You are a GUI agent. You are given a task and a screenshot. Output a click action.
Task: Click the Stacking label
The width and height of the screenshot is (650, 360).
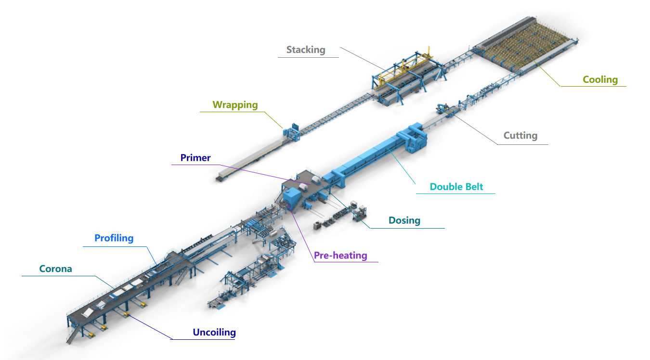point(306,50)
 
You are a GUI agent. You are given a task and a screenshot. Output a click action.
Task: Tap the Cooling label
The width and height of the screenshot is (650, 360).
point(600,79)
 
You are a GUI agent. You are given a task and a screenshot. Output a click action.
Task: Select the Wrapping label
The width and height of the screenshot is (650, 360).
point(235,105)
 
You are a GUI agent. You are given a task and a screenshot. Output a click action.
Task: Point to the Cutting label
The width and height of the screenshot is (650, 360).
point(520,136)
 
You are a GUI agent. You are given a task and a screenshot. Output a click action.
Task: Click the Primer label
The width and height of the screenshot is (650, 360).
point(195,158)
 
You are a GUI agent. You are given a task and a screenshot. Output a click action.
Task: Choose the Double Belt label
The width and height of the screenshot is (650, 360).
point(456,187)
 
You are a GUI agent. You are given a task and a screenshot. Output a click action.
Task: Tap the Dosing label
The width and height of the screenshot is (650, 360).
point(404,220)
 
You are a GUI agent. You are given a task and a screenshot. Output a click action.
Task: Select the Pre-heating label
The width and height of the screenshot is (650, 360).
point(340,256)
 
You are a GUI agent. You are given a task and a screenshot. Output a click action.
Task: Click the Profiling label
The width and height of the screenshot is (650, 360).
point(114,238)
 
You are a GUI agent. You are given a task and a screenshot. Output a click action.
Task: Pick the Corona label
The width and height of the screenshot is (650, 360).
point(56,269)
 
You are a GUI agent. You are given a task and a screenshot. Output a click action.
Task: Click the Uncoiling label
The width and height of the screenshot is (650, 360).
point(214,332)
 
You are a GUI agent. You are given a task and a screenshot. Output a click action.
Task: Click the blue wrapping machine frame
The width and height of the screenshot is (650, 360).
point(292,132)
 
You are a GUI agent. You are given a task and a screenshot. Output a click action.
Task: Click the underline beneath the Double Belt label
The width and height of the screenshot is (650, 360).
point(455,193)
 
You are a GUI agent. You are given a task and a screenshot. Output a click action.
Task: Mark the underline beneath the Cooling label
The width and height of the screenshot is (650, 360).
point(593,86)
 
